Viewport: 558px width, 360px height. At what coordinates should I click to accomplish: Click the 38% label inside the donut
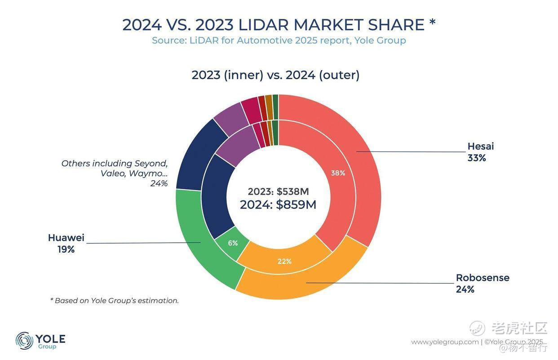(338, 173)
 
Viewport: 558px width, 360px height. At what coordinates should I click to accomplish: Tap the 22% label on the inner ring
(284, 261)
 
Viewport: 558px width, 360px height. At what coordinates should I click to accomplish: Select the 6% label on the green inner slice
(233, 243)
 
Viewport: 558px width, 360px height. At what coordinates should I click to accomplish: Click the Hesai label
(480, 147)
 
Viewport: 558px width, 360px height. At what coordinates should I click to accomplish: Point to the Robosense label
(483, 278)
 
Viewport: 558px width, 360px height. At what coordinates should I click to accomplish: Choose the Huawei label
(66, 238)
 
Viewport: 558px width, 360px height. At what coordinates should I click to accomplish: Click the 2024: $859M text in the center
(278, 205)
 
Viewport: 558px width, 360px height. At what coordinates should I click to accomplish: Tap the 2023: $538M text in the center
(278, 191)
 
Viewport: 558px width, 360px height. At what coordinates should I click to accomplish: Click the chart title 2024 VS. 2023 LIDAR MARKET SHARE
(279, 25)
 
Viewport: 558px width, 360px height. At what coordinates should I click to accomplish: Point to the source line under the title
(279, 40)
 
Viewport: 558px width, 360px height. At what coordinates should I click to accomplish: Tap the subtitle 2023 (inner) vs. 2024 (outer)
(275, 75)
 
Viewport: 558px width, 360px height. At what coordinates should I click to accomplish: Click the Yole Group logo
(40, 341)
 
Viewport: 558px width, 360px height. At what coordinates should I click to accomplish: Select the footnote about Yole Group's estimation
(114, 301)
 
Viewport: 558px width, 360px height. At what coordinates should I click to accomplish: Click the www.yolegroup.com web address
(445, 342)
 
